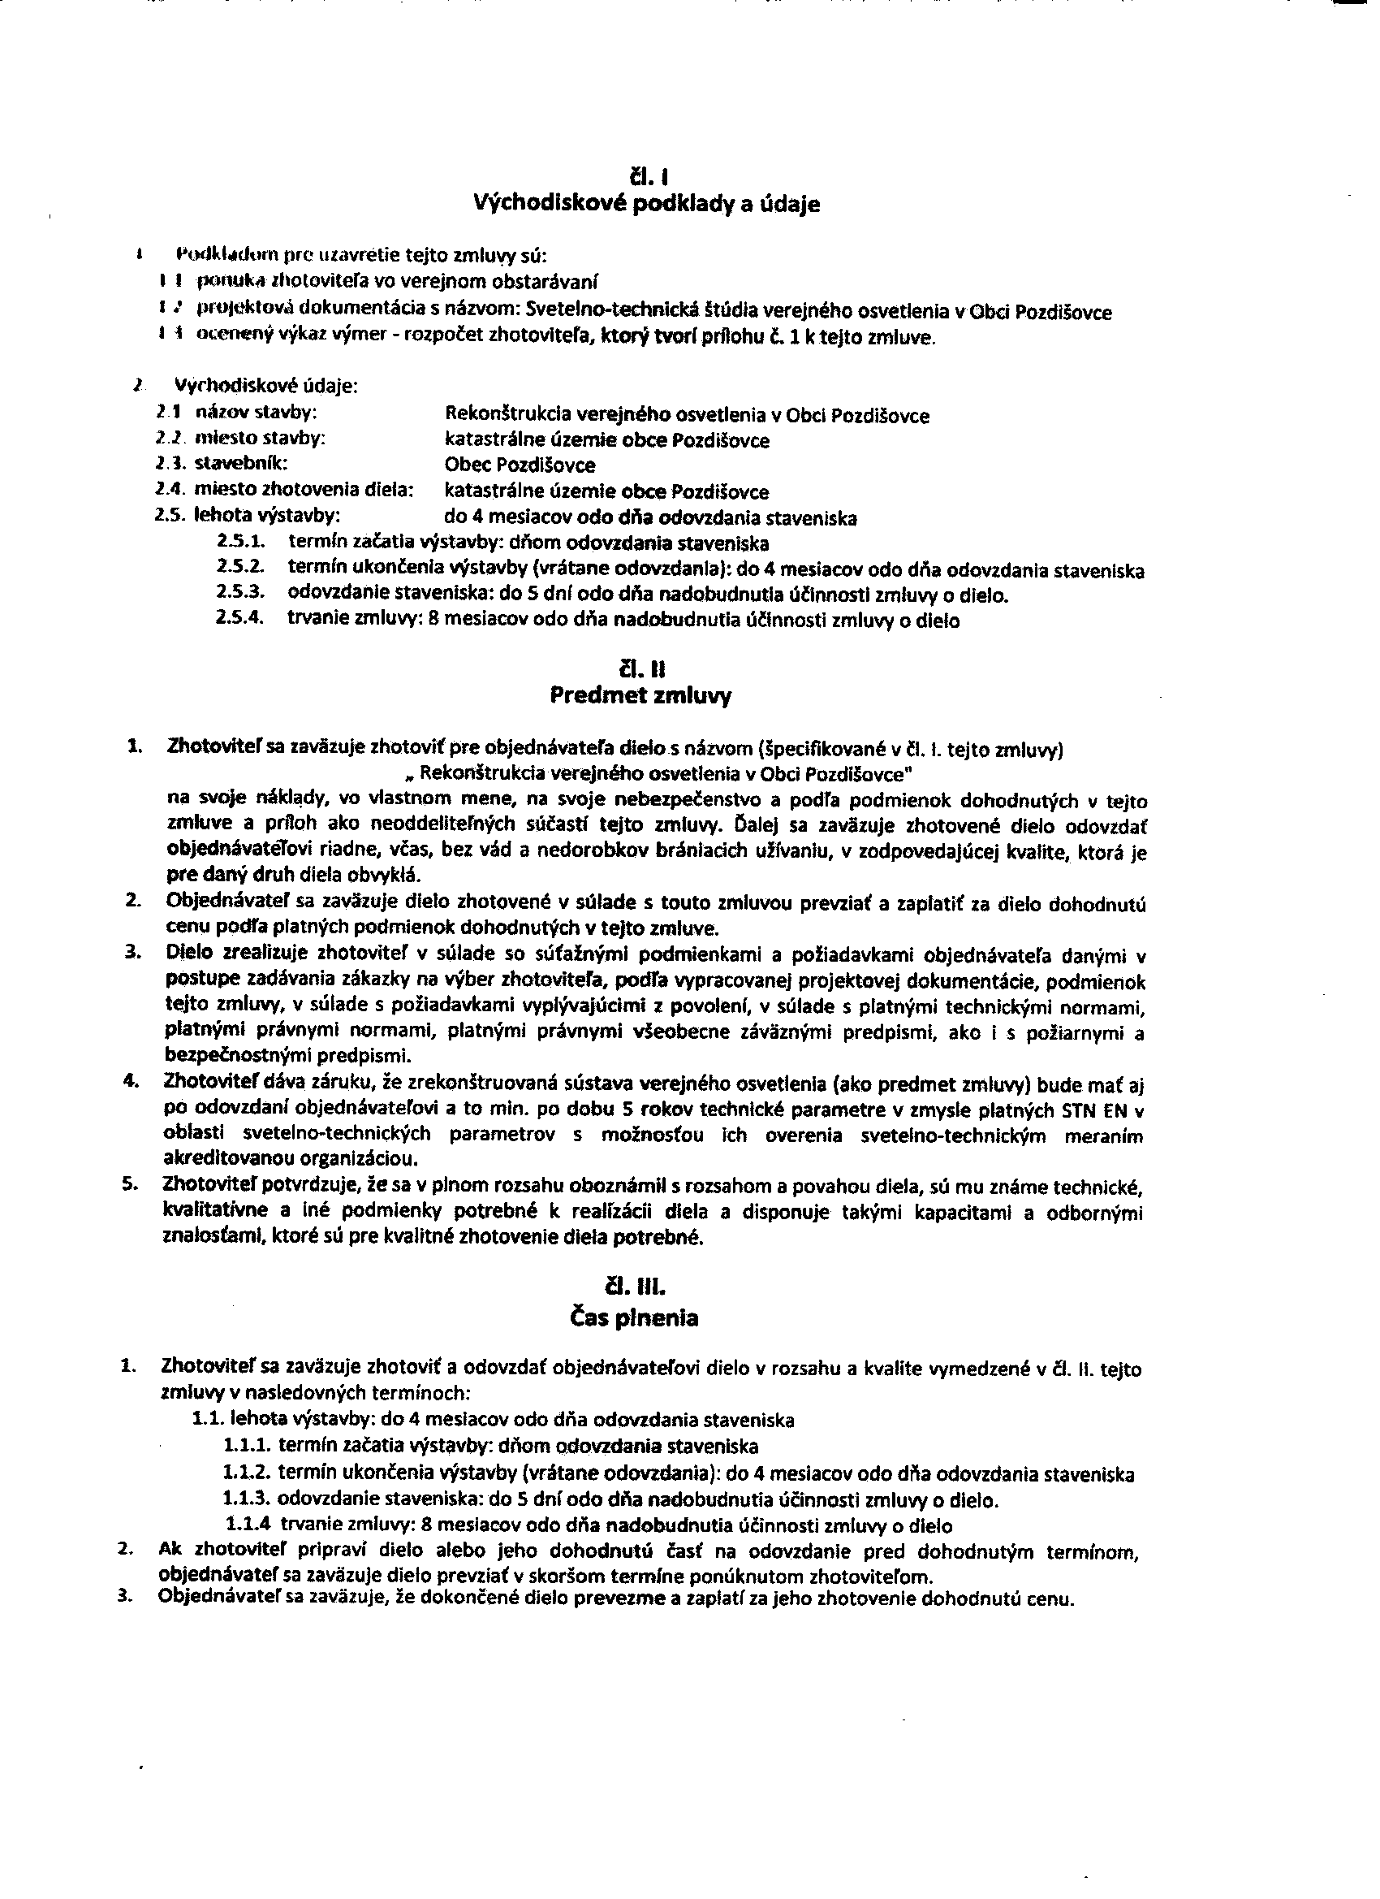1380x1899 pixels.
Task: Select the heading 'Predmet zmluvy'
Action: coord(640,697)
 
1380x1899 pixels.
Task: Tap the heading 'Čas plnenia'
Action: coord(633,1319)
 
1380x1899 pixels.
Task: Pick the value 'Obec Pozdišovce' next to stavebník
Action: coord(520,465)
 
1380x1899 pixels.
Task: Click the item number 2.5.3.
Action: coord(240,593)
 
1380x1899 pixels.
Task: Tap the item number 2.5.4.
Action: coord(240,619)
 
